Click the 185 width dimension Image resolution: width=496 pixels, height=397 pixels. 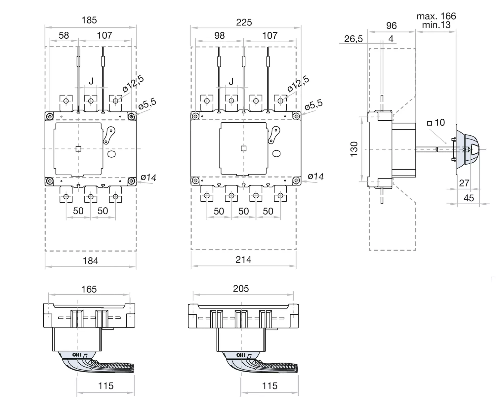point(89,20)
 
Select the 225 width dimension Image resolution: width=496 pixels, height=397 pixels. point(244,22)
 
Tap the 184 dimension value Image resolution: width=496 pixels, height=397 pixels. point(90,261)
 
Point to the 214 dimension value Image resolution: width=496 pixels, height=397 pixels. point(243,260)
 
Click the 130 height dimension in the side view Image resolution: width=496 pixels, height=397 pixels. point(354,149)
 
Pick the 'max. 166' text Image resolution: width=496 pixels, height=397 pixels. point(436,16)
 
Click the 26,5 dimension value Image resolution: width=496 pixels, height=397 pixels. point(353,39)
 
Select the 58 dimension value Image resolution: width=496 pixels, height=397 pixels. point(63,35)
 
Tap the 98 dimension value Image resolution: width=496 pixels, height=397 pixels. point(219,35)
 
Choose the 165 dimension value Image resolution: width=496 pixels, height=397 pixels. point(89,289)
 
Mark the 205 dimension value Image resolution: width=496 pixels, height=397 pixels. point(241,289)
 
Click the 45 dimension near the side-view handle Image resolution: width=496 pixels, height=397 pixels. point(469,198)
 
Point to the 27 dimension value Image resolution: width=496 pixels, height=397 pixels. point(464,183)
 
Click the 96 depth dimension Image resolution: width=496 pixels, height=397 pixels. point(391,25)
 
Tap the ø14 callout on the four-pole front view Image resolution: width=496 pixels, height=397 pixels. point(315,177)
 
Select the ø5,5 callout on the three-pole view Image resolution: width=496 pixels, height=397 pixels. point(147,104)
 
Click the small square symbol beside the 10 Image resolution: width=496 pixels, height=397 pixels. point(430,123)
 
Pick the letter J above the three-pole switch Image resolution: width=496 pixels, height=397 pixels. point(91,81)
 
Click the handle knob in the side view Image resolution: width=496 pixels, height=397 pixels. point(470,149)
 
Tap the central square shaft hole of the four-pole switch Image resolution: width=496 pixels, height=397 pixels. point(244,148)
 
